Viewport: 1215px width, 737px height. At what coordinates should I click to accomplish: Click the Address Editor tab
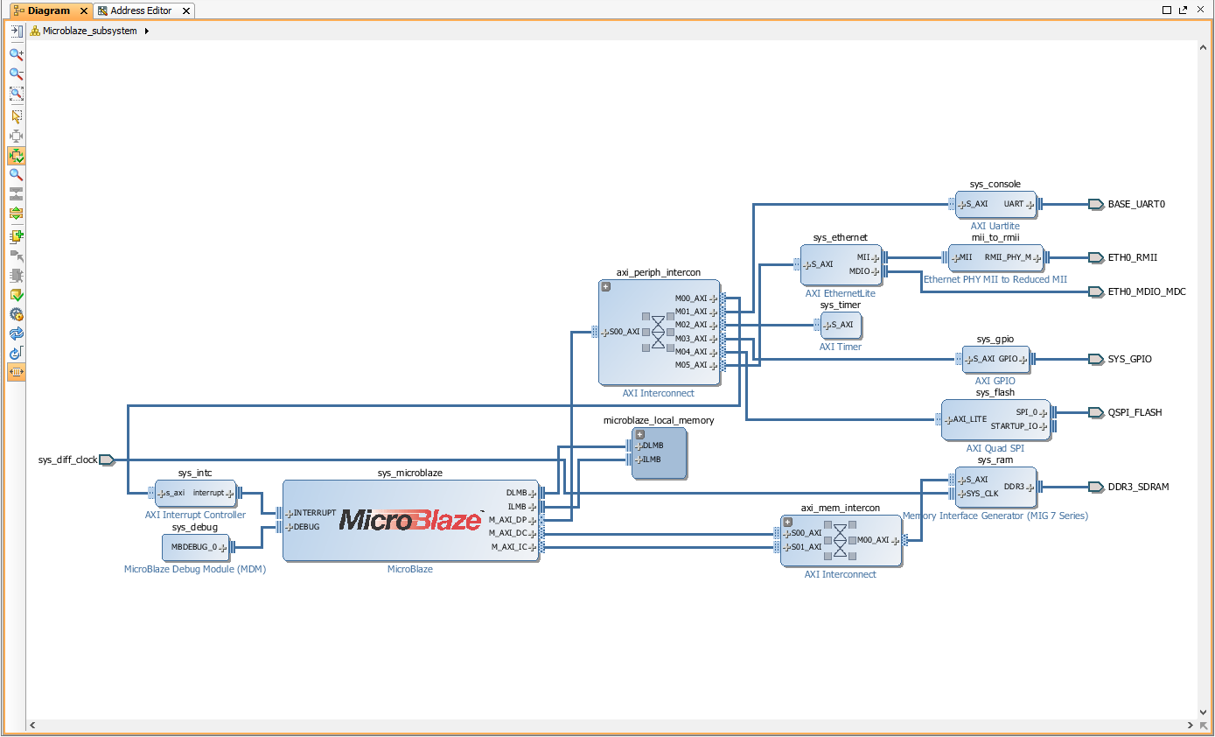coord(141,11)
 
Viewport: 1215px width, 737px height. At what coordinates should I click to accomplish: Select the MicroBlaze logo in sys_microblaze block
coord(410,520)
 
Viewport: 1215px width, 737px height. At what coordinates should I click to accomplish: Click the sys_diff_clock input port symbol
coord(107,460)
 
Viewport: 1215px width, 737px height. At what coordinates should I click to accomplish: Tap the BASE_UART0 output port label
coord(1136,204)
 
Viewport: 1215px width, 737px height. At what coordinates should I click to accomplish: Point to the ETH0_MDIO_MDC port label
coord(1147,291)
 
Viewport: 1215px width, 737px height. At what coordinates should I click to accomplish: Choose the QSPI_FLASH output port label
coord(1135,412)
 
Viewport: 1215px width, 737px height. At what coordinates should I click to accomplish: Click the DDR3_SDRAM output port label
coord(1138,487)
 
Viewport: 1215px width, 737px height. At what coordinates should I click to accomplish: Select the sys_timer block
coord(841,325)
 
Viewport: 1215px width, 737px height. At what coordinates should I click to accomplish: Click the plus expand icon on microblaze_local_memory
coord(640,435)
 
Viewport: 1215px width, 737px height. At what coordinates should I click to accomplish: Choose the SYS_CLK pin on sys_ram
coord(979,494)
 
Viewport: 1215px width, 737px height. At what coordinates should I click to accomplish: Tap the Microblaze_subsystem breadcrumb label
coord(89,31)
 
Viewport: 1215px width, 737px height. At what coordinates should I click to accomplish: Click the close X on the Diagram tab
coord(83,11)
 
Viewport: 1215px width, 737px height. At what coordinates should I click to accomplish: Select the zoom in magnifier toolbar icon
coord(17,54)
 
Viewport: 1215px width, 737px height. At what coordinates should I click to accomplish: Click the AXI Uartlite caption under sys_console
coord(995,226)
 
